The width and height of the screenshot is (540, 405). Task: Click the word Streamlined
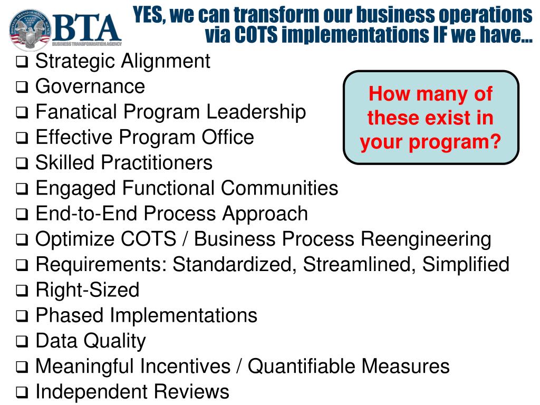pos(360,264)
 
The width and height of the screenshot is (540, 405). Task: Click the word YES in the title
pos(149,14)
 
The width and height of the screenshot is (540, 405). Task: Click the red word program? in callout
pos(466,141)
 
